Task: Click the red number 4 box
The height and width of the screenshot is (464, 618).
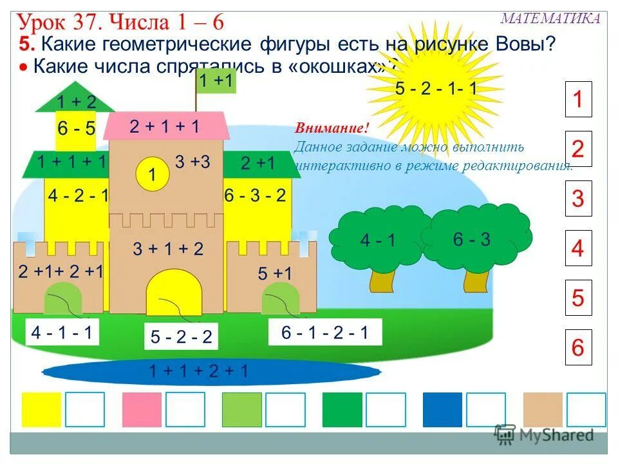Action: pyautogui.click(x=577, y=248)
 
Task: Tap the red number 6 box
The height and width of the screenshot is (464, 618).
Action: pyautogui.click(x=577, y=348)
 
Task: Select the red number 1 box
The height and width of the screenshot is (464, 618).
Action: pyautogui.click(x=577, y=99)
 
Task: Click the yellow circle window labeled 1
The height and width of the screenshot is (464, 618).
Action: pyautogui.click(x=152, y=174)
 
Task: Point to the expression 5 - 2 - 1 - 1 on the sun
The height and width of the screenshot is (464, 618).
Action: pyautogui.click(x=436, y=89)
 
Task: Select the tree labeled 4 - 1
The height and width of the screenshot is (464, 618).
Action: pyautogui.click(x=378, y=240)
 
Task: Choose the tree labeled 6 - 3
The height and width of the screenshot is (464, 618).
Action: pyautogui.click(x=472, y=239)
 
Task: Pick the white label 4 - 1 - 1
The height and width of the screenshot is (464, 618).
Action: pyautogui.click(x=62, y=333)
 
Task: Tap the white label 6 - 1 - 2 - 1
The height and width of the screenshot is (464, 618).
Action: pyautogui.click(x=324, y=333)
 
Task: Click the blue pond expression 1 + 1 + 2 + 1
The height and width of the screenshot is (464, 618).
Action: pyautogui.click(x=198, y=371)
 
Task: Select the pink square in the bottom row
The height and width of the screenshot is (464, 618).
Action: pyautogui.click(x=142, y=410)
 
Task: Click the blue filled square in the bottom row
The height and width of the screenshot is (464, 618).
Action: pyautogui.click(x=442, y=410)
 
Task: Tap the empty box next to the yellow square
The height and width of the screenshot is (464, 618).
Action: pyautogui.click(x=84, y=410)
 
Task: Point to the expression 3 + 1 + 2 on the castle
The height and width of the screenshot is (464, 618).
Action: pyautogui.click(x=168, y=249)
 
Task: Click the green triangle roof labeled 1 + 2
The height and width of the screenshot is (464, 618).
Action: pyautogui.click(x=76, y=100)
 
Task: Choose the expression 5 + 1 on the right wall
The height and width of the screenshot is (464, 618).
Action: pyautogui.click(x=275, y=274)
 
